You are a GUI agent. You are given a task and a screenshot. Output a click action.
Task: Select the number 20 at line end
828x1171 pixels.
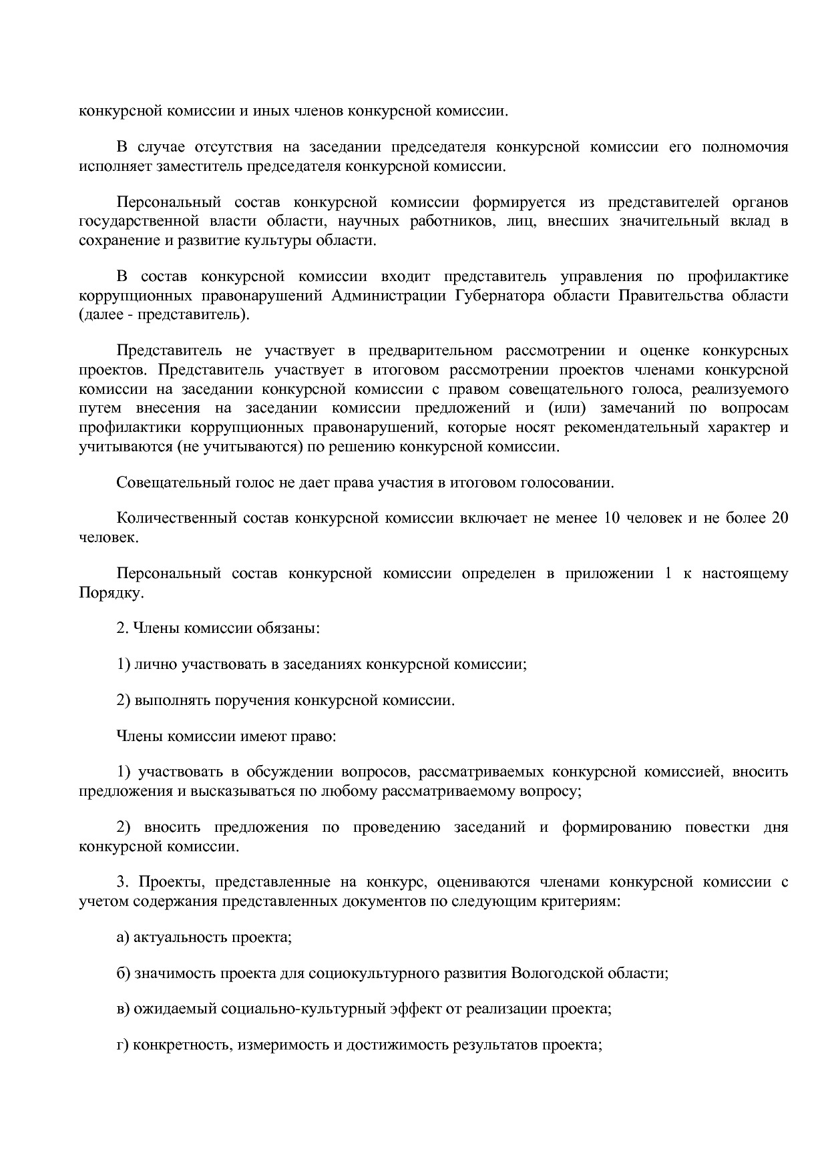pos(779,518)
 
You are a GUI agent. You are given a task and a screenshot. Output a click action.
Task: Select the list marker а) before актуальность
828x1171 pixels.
pos(123,937)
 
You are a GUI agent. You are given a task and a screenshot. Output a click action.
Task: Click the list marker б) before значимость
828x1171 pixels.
pos(123,973)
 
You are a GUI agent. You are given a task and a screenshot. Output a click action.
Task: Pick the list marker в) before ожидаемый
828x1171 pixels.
pos(123,1009)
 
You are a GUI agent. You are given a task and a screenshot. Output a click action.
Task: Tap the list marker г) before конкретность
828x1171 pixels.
pos(122,1045)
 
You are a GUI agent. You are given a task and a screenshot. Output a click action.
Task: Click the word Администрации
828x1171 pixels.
pos(389,296)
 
